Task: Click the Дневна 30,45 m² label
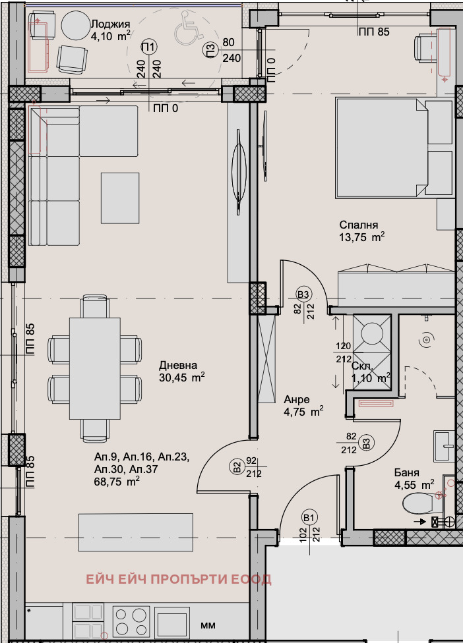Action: pos(181,371)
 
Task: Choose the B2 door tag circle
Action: pos(237,467)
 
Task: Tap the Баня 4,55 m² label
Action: pos(414,478)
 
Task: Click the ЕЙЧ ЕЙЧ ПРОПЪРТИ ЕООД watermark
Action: pos(178,579)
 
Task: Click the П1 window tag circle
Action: pos(149,47)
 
